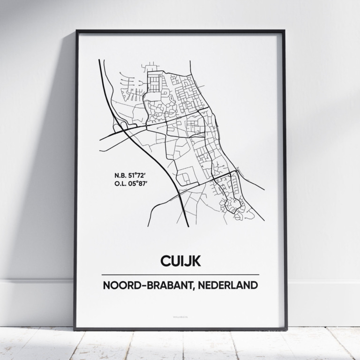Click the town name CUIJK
pos(180,260)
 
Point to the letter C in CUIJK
pos(165,260)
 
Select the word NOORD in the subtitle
pos(123,285)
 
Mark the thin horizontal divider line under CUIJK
pos(180,274)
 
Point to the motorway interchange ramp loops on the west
pos(120,126)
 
